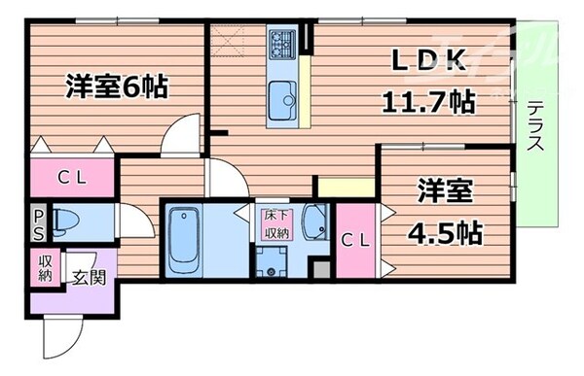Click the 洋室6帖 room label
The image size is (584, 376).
pyautogui.click(x=117, y=87)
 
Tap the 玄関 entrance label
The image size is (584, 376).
pyautogui.click(x=88, y=277)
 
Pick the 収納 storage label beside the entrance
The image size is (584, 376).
pyautogui.click(x=45, y=268)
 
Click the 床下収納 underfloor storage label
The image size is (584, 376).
pyautogui.click(x=274, y=224)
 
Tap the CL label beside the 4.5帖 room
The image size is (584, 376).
pyautogui.click(x=355, y=242)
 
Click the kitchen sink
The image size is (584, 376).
pyautogui.click(x=285, y=97)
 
